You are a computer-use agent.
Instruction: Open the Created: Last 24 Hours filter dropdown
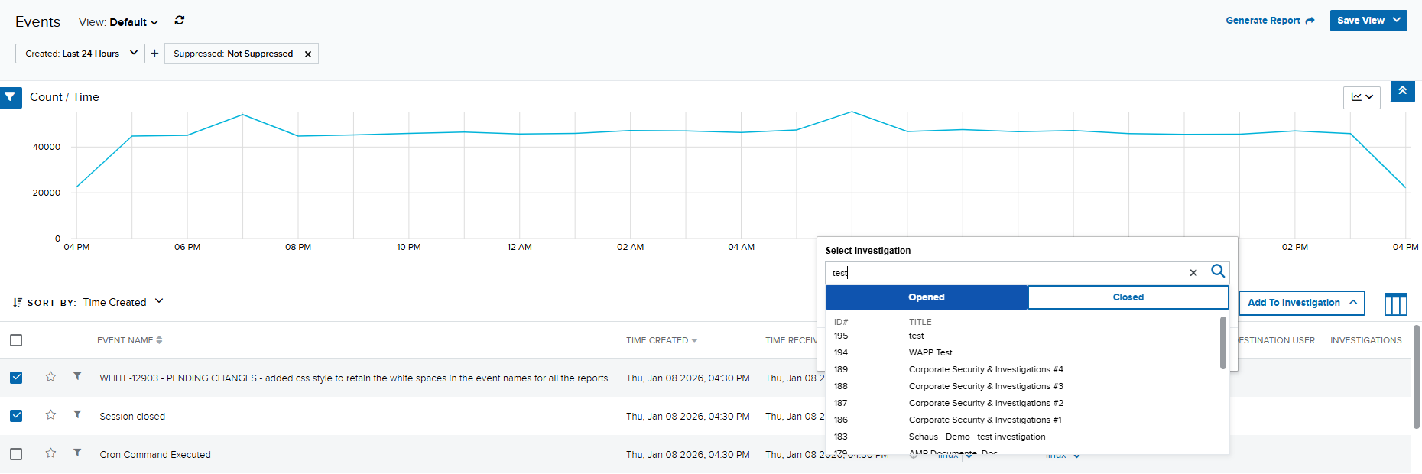point(80,54)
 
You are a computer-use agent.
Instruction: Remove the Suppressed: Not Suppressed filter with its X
point(308,54)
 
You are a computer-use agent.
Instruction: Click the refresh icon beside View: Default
point(180,21)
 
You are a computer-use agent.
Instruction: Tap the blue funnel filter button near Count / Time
point(10,97)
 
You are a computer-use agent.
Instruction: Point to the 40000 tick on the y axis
point(47,147)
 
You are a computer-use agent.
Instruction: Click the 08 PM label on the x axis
point(298,247)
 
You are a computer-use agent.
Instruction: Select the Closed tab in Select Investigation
point(1128,297)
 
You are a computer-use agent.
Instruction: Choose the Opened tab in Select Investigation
point(927,297)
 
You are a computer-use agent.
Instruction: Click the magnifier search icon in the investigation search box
point(1218,271)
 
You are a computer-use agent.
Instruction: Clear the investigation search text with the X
point(1193,273)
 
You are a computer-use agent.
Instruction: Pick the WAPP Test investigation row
point(930,352)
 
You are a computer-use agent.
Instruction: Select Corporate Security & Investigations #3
point(985,386)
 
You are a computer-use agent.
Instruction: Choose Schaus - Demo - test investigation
point(976,437)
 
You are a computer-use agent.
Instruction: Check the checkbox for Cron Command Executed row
point(16,454)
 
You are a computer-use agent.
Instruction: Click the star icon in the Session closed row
point(50,415)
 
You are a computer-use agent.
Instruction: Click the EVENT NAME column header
point(125,340)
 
